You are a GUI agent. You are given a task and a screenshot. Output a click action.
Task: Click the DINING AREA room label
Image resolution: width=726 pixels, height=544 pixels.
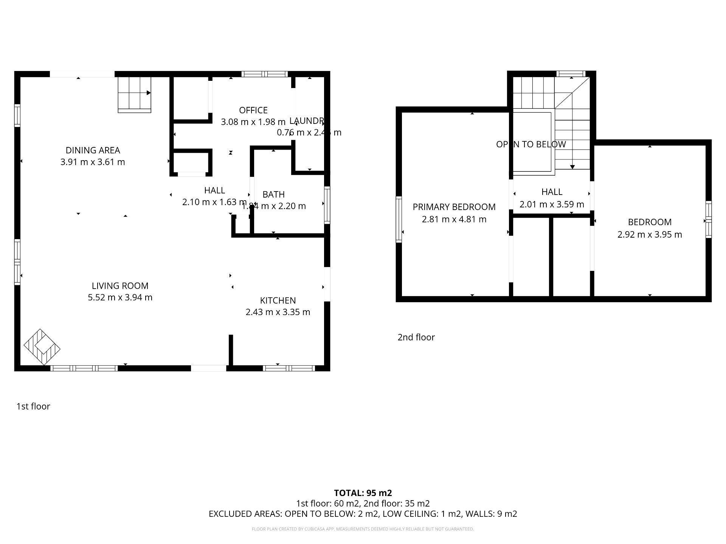tap(93, 150)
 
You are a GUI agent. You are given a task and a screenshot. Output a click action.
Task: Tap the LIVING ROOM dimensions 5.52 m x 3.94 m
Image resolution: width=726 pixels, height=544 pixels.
tap(120, 297)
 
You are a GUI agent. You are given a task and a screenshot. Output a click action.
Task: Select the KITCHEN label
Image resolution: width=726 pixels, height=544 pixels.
tap(278, 300)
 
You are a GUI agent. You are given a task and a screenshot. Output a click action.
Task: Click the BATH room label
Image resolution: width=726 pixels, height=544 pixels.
tap(273, 194)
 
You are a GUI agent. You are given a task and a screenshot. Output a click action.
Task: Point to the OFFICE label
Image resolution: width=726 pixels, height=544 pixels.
tap(253, 110)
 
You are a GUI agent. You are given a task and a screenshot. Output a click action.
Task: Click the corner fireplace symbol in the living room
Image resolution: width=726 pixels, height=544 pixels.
tap(42, 346)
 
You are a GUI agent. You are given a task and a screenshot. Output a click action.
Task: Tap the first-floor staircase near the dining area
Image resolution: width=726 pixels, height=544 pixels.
tap(134, 94)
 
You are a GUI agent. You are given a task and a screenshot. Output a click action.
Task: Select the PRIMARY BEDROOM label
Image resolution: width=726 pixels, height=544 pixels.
tap(454, 207)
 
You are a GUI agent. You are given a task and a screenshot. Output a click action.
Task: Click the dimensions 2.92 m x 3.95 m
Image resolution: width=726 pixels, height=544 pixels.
tap(649, 234)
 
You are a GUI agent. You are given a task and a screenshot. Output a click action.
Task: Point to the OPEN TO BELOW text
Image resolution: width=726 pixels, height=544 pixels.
tap(531, 144)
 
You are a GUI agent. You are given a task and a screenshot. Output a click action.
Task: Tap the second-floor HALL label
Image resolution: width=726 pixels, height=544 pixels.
tap(552, 192)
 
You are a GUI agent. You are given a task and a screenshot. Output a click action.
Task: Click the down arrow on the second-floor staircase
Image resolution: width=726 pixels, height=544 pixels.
tap(572, 166)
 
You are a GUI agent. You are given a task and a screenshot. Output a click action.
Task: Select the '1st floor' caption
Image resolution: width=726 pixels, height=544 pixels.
tap(33, 406)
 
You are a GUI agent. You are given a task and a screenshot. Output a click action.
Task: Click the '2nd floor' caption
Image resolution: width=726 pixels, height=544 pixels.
tap(416, 337)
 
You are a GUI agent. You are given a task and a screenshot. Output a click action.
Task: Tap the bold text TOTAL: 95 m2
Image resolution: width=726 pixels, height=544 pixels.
tap(363, 493)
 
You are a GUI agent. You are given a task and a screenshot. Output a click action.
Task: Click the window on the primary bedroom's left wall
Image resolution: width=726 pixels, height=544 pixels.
tap(399, 219)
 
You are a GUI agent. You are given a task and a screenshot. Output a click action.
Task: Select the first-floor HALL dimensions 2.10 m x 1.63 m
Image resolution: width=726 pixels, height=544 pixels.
tap(214, 202)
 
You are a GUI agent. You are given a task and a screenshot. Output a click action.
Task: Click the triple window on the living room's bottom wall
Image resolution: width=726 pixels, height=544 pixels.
tap(84, 368)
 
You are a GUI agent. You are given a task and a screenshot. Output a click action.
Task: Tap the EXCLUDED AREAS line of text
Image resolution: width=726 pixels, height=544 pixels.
tap(363, 514)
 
